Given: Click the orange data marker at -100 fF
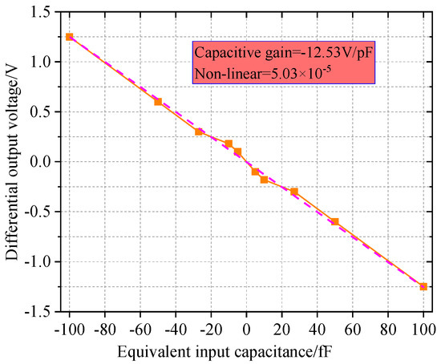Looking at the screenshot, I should [x=70, y=37].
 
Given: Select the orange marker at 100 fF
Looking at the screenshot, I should [x=423, y=286].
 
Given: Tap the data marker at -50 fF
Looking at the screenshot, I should [x=158, y=102].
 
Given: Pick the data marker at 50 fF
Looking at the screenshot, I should [x=335, y=221].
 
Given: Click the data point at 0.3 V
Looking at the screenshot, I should [x=199, y=131].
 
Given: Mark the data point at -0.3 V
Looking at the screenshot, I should [x=294, y=192].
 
